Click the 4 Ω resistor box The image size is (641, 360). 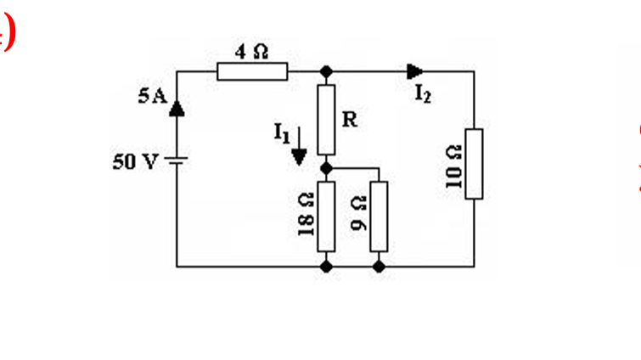(252, 72)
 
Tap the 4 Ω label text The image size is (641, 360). (251, 52)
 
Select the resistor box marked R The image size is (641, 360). (327, 119)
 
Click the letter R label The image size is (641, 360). (349, 121)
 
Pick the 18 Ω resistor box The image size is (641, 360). (326, 216)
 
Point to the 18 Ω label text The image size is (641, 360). (306, 217)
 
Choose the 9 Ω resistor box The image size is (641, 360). (379, 216)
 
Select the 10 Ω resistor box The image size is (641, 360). (474, 163)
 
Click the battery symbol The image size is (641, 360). (177, 161)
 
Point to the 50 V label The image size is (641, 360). (133, 162)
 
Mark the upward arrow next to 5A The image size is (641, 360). (177, 106)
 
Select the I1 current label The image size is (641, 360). (282, 132)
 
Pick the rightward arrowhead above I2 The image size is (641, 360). (415, 71)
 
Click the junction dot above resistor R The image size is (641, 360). (327, 72)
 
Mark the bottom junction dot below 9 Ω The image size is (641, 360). (379, 266)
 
